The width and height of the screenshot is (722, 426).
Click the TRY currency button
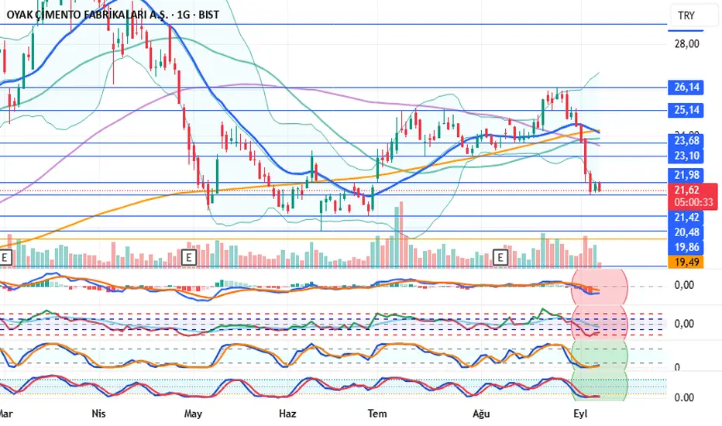(x=686, y=15)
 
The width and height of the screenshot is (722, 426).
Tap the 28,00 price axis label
(x=687, y=44)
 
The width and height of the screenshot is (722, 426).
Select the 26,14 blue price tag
(x=687, y=88)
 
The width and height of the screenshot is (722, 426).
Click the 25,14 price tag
(x=687, y=110)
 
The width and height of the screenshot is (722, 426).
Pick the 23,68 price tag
(x=687, y=140)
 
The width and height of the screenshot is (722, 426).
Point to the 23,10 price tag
(x=687, y=156)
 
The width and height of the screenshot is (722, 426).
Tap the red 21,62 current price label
(x=687, y=190)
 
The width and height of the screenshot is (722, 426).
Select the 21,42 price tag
(x=687, y=218)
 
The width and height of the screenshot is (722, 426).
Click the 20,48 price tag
(x=687, y=232)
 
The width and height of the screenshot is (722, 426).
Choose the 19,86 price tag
(x=687, y=248)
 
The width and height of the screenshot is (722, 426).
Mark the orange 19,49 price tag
(x=687, y=263)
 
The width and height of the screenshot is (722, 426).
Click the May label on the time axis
(x=194, y=414)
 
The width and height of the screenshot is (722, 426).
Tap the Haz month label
(x=287, y=414)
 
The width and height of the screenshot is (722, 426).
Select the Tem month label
(x=377, y=414)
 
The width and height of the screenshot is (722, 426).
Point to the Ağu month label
(x=481, y=414)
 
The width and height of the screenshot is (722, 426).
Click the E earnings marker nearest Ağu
(x=500, y=256)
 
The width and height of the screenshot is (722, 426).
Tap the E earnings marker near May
(x=187, y=256)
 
